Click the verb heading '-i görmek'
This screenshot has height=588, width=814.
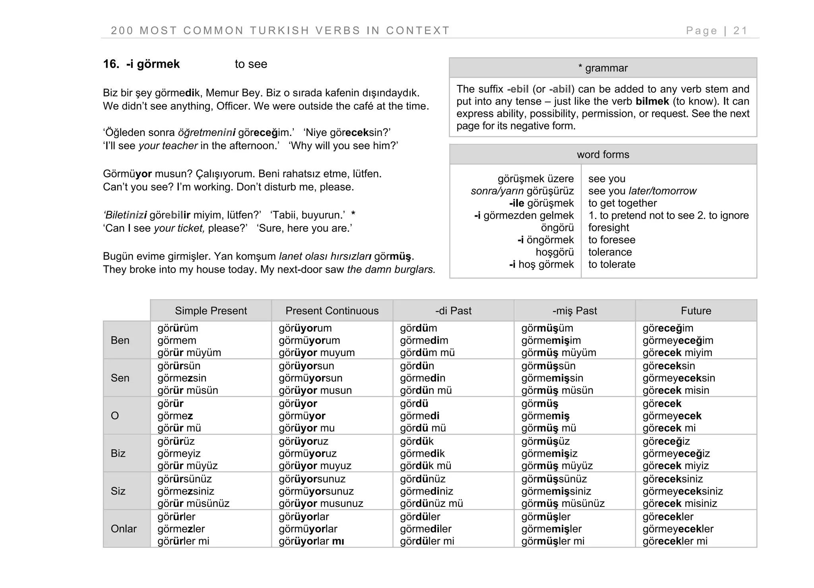click(x=153, y=64)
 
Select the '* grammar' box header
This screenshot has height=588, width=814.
click(x=603, y=68)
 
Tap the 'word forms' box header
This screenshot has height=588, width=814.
click(x=603, y=155)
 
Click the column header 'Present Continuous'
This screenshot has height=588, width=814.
click(x=332, y=311)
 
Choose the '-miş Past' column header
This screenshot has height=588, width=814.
click(x=574, y=311)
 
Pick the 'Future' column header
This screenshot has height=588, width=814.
click(x=696, y=311)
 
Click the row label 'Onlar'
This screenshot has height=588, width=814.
click(x=124, y=529)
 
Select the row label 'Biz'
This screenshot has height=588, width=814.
click(x=118, y=453)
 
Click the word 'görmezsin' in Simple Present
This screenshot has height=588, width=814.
click(x=182, y=378)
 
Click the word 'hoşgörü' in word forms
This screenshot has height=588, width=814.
click(x=554, y=252)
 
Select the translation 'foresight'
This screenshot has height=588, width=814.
click(x=609, y=228)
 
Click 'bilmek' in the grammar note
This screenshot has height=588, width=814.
click(x=652, y=101)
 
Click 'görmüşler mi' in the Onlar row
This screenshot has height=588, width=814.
click(x=552, y=541)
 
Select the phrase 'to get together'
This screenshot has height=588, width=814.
click(x=622, y=203)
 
